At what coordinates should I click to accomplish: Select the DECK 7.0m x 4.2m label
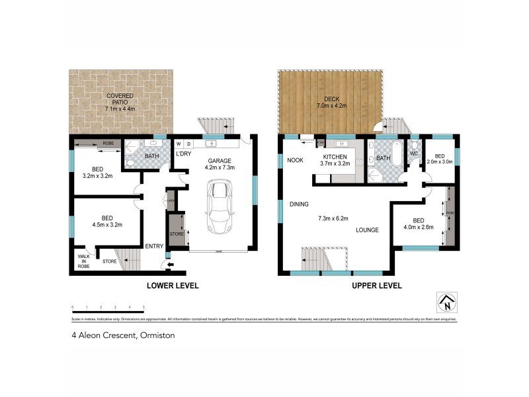click(331, 102)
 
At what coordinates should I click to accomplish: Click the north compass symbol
click(447, 303)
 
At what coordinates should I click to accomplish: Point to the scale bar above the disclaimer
click(108, 307)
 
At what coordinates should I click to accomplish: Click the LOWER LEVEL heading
click(173, 286)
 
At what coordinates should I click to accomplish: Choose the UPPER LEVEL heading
click(376, 286)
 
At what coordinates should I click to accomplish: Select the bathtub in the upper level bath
click(395, 154)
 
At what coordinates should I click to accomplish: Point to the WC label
click(415, 153)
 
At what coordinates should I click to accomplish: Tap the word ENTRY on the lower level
click(154, 246)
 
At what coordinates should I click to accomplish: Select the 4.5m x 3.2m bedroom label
click(106, 221)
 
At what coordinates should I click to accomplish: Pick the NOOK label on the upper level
click(295, 159)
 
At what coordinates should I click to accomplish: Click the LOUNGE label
click(367, 230)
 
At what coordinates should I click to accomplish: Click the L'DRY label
click(183, 154)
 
